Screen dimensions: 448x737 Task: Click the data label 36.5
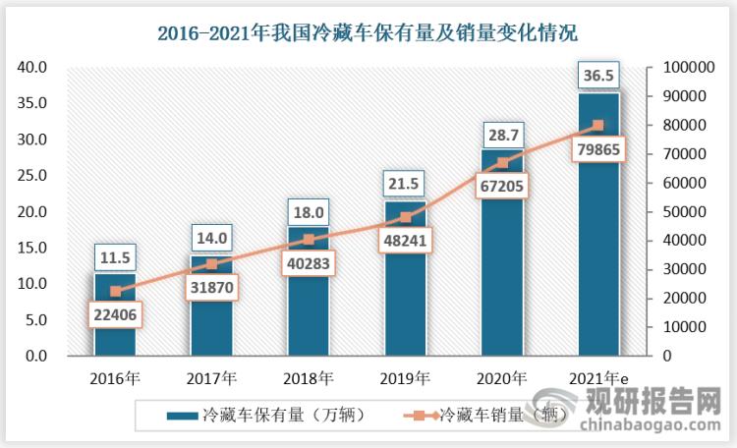(598, 74)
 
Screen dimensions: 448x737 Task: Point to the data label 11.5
(115, 257)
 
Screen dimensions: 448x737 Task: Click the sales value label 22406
(115, 314)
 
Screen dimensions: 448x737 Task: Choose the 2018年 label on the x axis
(309, 378)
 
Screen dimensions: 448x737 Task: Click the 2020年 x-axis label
(502, 378)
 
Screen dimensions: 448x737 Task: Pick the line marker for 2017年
(212, 263)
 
